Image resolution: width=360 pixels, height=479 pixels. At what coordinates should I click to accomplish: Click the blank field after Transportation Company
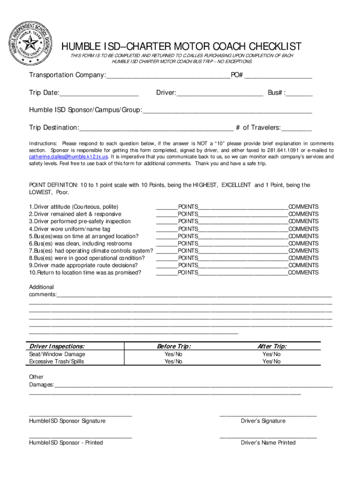(168, 76)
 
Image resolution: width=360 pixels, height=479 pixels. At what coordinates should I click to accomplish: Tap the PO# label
(237, 75)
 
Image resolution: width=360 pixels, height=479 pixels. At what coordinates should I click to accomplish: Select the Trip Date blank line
(99, 93)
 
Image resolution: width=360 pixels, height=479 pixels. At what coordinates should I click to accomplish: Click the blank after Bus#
(300, 93)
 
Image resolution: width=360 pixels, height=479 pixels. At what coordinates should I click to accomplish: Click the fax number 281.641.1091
(284, 150)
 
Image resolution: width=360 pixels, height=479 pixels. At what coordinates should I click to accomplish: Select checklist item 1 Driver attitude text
(74, 207)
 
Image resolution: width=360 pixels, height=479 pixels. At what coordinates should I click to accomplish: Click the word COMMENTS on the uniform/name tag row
(303, 229)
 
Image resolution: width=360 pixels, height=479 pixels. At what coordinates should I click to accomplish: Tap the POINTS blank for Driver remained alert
(166, 214)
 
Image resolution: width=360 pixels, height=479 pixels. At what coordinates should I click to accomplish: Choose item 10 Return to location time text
(85, 272)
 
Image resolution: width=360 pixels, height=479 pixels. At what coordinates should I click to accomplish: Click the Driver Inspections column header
(57, 347)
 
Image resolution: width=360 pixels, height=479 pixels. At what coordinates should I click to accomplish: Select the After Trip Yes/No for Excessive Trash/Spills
(272, 362)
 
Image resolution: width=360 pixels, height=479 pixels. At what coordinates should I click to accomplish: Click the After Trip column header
(272, 347)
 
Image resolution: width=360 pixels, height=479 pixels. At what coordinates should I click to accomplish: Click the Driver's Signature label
(263, 421)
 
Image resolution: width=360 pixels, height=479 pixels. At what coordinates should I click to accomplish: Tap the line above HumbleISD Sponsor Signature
(80, 415)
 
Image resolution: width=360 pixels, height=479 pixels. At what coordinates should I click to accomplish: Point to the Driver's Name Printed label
(268, 443)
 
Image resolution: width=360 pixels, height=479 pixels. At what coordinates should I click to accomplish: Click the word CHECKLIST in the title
(268, 47)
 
